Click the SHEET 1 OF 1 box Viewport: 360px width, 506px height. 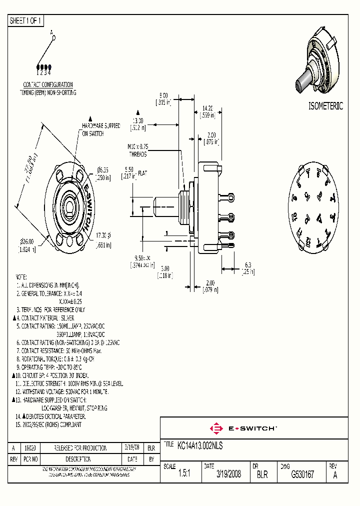pyautogui.click(x=26, y=21)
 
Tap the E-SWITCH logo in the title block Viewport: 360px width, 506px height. pyautogui.click(x=243, y=428)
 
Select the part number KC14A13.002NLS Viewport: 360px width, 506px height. pyautogui.click(x=200, y=444)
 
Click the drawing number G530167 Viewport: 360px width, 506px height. pyautogui.click(x=302, y=474)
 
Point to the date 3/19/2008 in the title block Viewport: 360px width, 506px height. pyautogui.click(x=228, y=474)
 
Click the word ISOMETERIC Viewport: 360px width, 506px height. pyautogui.click(x=325, y=106)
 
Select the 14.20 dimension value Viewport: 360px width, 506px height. pyautogui.click(x=208, y=108)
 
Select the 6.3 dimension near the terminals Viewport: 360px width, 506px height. pyautogui.click(x=247, y=265)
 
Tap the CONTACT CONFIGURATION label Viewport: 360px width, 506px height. pyautogui.click(x=48, y=85)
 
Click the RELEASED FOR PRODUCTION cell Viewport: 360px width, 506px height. pyautogui.click(x=80, y=448)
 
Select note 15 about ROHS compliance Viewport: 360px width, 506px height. pyautogui.click(x=48, y=424)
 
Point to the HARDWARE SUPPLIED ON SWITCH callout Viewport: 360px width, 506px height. pyautogui.click(x=100, y=130)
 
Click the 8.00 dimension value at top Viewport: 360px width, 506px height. pyautogui.click(x=163, y=95)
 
